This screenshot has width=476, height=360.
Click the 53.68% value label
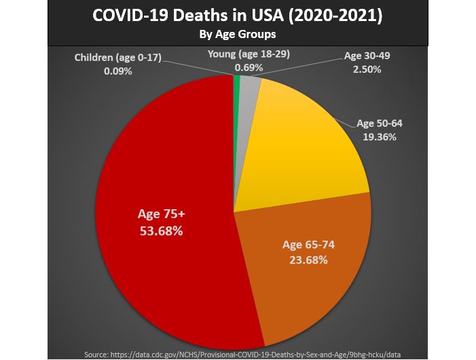pos(161,230)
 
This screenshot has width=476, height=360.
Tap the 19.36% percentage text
pos(380,137)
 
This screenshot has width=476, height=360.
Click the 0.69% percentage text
pos(249,68)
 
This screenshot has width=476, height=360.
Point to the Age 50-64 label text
pos(380,124)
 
